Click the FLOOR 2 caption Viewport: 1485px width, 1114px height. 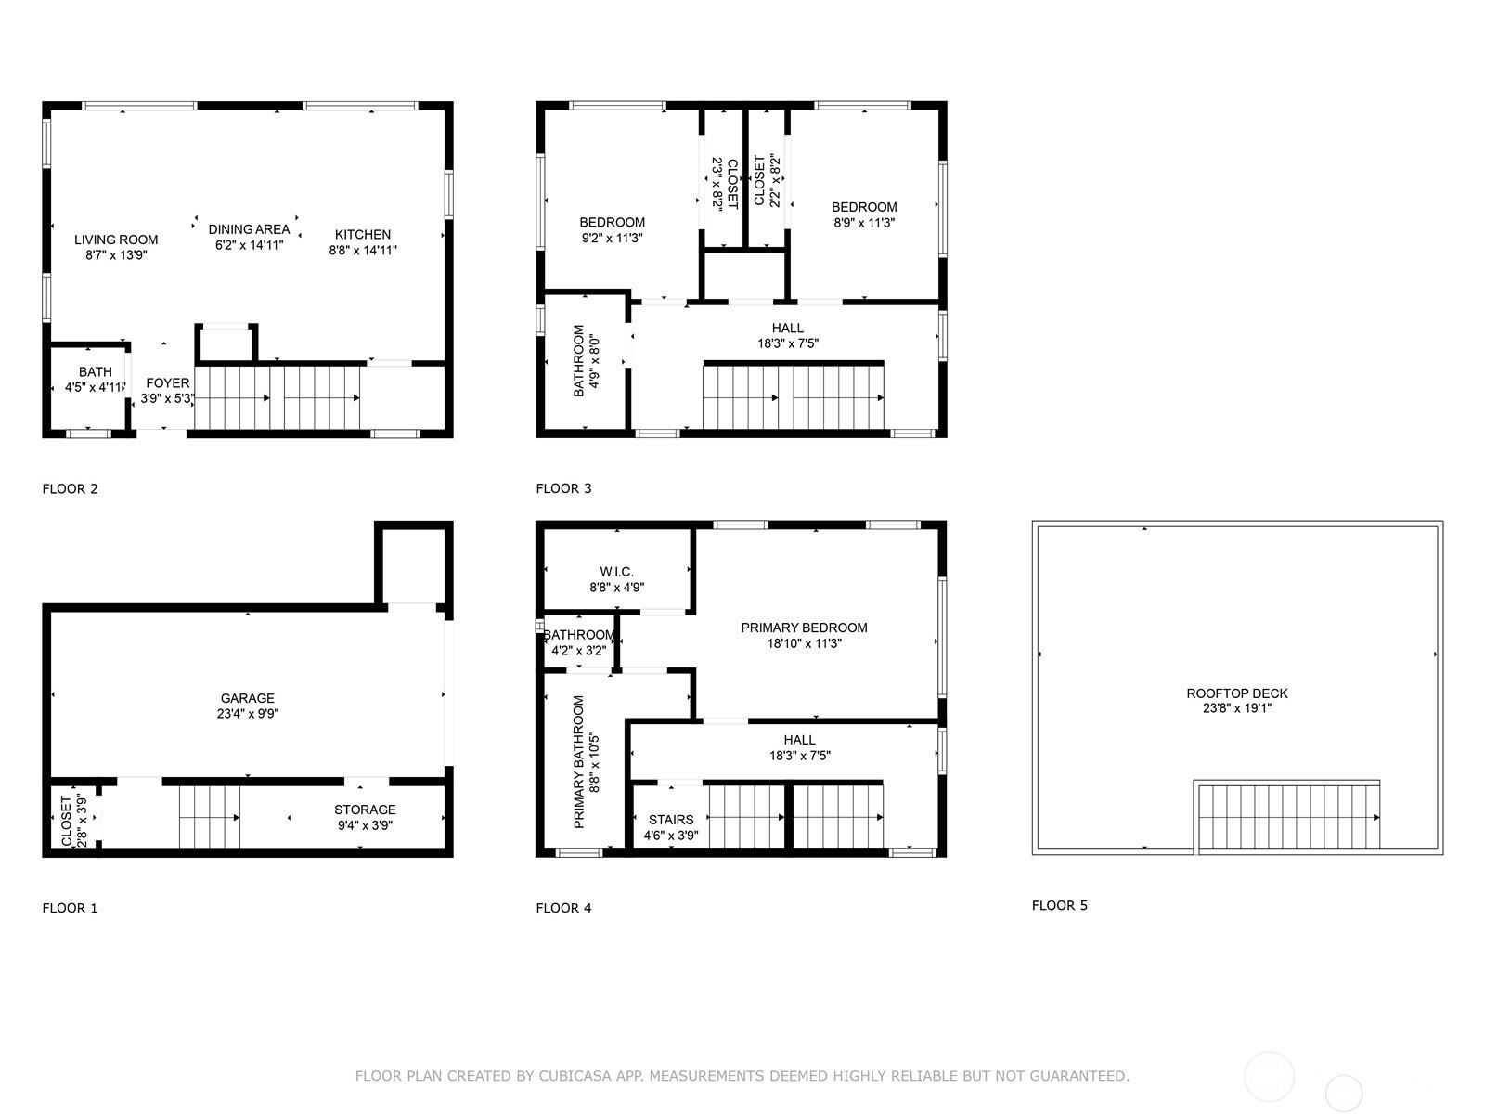(70, 488)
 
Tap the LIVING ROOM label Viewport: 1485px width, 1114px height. (116, 240)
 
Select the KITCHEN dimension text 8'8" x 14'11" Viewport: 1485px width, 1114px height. (363, 250)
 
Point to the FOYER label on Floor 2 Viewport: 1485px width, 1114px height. (168, 382)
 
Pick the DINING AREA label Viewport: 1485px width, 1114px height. (249, 229)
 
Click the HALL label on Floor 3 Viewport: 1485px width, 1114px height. (787, 328)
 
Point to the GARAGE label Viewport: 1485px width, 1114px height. (247, 698)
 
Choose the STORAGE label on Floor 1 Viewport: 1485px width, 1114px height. (365, 810)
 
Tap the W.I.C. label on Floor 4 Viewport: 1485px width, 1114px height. (616, 572)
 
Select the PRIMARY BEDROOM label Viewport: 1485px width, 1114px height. (804, 628)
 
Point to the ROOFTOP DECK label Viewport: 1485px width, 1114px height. (1236, 693)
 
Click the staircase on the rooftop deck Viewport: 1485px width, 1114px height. (1286, 817)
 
